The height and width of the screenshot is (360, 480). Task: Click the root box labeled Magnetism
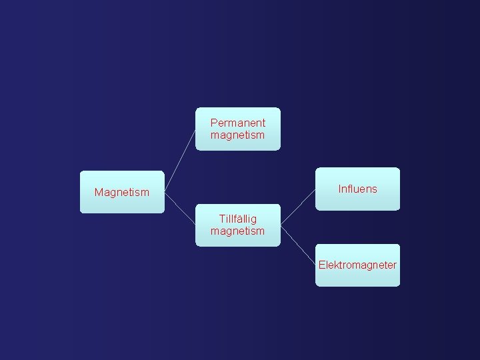(122, 193)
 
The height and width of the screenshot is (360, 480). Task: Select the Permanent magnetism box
(238, 129)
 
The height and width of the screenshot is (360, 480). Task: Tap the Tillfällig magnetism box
(238, 225)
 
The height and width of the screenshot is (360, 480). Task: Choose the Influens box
(357, 189)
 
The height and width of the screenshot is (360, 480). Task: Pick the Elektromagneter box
(357, 265)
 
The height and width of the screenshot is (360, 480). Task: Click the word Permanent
(238, 123)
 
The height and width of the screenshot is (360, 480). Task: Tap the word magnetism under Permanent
(238, 135)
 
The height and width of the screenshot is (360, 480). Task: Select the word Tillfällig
(238, 219)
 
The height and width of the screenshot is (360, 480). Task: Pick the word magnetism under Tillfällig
(238, 231)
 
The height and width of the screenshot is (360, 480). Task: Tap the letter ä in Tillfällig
(239, 219)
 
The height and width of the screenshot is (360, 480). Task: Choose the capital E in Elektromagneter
(321, 265)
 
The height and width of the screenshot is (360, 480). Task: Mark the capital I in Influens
(339, 189)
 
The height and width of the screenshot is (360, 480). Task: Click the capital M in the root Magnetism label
(99, 193)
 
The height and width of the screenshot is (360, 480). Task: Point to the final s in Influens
(375, 189)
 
